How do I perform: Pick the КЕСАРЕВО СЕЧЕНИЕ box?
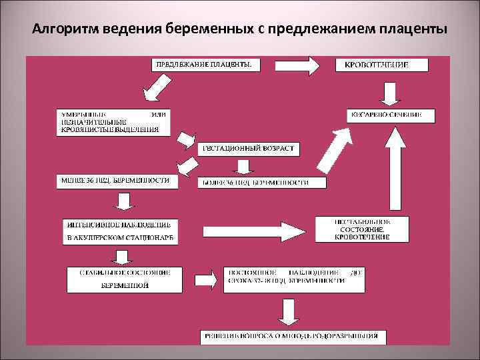393,115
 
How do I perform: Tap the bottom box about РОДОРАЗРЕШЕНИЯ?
295,336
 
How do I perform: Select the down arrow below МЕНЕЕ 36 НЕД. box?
123,202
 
